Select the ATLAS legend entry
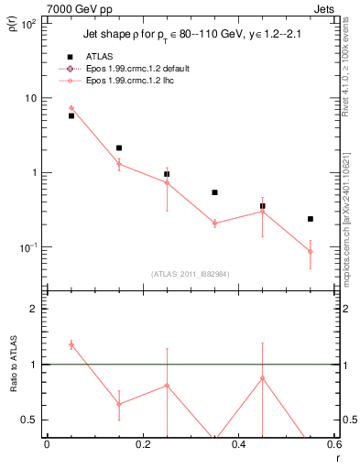85,57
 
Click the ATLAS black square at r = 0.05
71,115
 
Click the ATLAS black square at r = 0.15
119,147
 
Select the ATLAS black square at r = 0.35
214,192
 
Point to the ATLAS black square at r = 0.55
311,219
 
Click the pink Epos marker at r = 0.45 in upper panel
263,212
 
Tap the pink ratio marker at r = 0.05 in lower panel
71,344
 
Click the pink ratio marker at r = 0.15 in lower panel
119,404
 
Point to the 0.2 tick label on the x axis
142,443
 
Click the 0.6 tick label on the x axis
333,443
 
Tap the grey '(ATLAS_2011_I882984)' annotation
190,274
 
